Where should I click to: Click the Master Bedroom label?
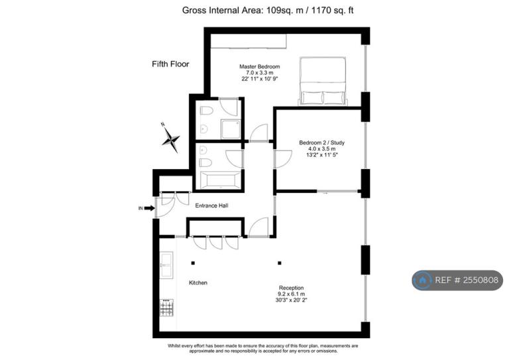(259, 66)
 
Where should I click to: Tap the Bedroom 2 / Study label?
(321, 143)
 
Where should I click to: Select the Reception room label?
(291, 288)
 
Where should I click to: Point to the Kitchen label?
(198, 282)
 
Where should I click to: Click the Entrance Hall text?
(211, 206)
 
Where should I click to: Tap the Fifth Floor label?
(170, 64)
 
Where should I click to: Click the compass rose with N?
(170, 139)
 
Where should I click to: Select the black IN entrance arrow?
(149, 208)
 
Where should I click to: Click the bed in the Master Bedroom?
(323, 81)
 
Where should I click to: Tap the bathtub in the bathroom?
(221, 180)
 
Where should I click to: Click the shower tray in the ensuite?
(231, 129)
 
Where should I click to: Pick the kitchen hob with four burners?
(166, 308)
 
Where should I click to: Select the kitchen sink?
(166, 265)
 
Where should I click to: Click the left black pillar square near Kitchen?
(193, 263)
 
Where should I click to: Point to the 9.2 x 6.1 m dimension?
(291, 294)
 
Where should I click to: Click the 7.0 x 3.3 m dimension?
(259, 73)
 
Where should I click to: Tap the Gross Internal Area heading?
(268, 11)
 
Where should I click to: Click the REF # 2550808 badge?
(457, 280)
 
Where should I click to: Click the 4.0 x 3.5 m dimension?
(321, 149)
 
